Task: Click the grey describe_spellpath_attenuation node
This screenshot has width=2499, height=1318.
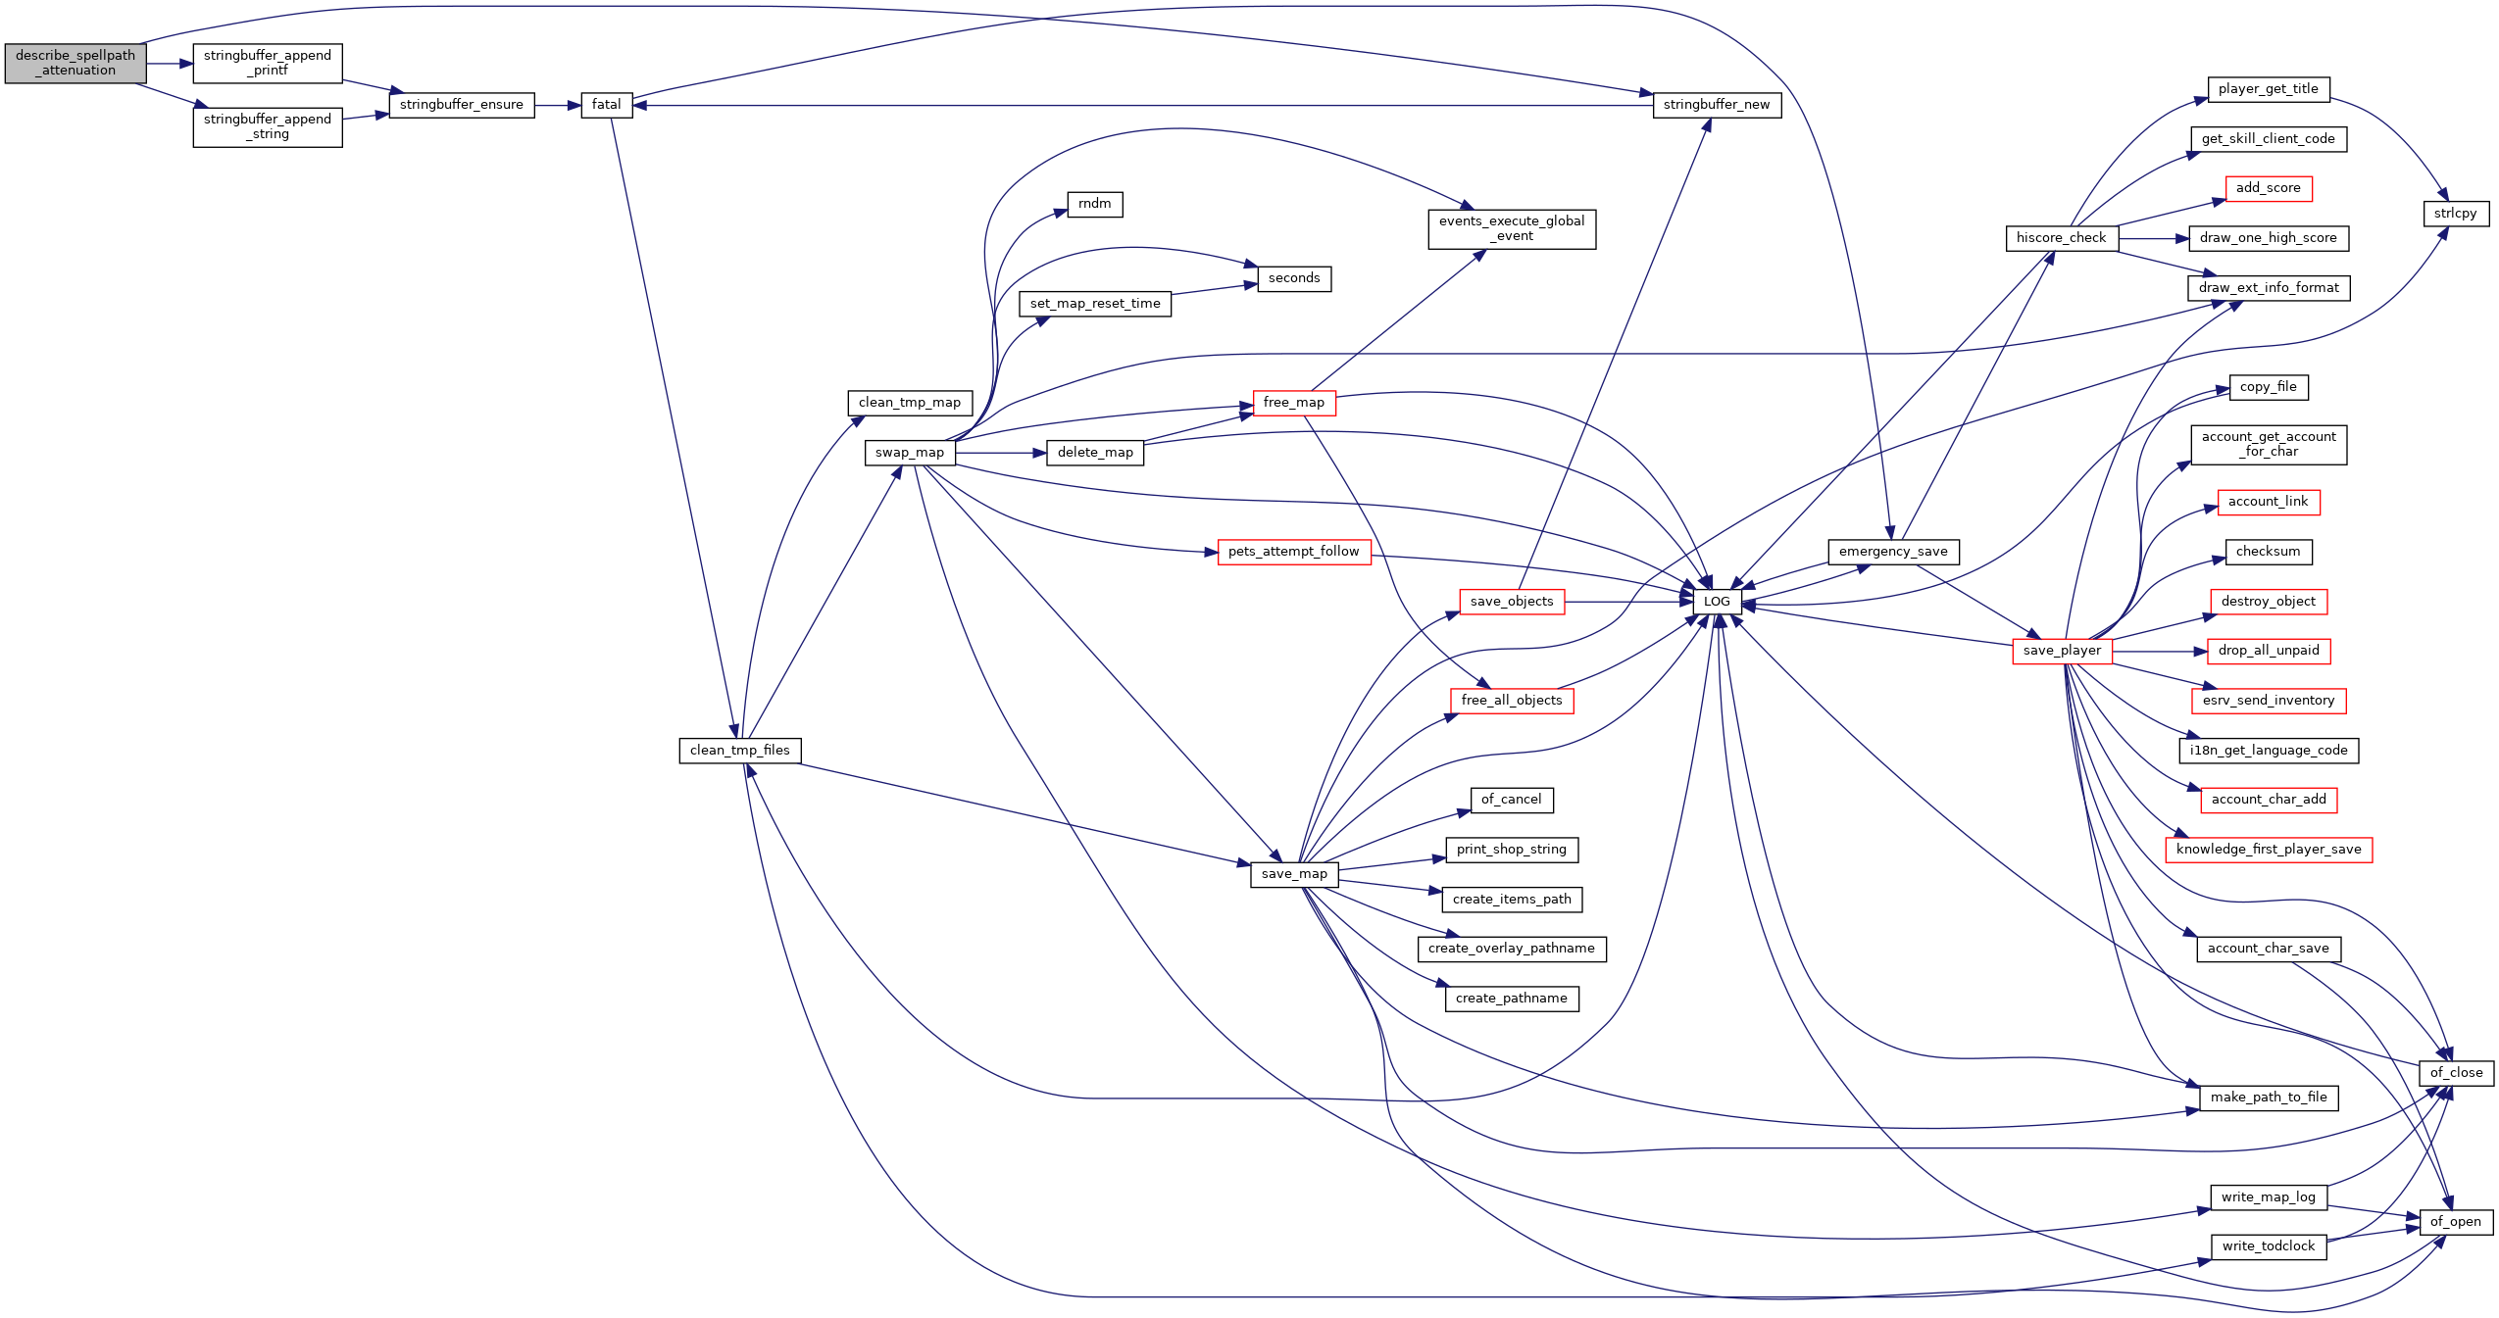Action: click(75, 63)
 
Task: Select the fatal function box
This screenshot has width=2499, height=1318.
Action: click(607, 105)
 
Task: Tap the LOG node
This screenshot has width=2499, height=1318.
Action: click(1717, 602)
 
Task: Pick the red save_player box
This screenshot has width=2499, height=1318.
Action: click(2062, 651)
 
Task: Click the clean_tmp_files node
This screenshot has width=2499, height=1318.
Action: click(740, 751)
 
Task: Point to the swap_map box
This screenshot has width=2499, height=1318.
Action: click(910, 453)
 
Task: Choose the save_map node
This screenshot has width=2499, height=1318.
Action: click(1294, 874)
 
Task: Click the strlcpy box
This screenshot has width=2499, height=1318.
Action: click(2456, 214)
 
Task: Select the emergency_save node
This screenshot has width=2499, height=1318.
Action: click(1893, 552)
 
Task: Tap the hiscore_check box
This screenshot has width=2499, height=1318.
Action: click(2062, 238)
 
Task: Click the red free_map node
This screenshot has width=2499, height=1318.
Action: click(1294, 403)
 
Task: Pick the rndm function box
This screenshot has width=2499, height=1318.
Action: click(1095, 204)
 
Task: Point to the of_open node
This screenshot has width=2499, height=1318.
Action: click(2456, 1222)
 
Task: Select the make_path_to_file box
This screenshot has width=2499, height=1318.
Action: click(2269, 1098)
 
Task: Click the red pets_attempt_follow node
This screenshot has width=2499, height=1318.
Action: click(1294, 552)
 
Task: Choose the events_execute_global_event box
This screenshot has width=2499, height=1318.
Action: click(1512, 228)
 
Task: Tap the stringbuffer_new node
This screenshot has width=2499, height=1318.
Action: click(1717, 105)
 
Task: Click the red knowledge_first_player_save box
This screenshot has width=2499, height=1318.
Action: click(2269, 850)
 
